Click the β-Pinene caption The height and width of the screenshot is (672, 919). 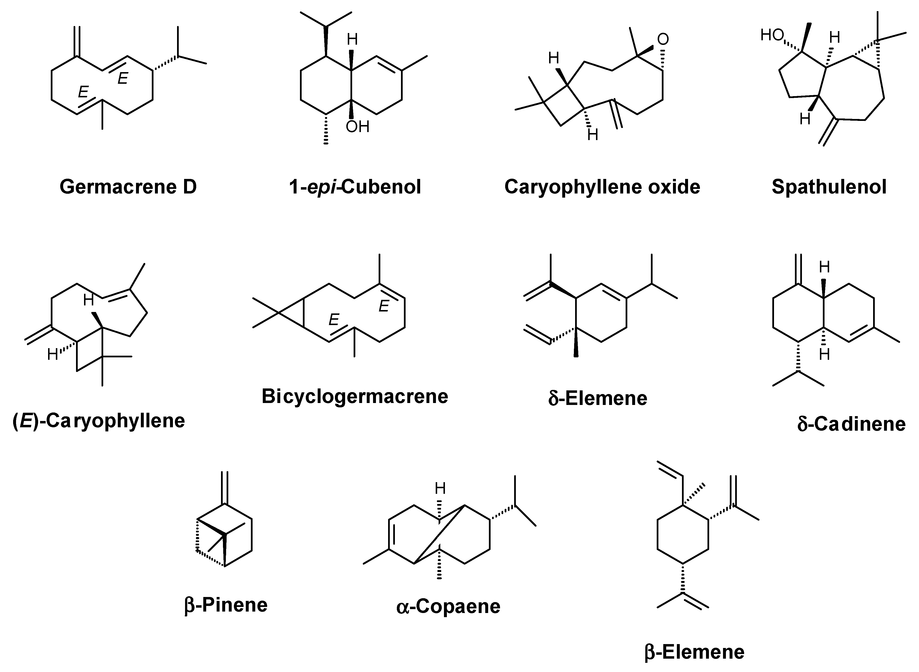click(x=226, y=605)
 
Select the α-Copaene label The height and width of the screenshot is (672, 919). click(x=448, y=606)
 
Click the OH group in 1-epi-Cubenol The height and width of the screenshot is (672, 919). click(x=357, y=127)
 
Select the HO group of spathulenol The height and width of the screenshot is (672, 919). click(x=772, y=36)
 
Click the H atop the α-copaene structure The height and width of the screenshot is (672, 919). click(x=440, y=488)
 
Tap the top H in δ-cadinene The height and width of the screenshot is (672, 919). click(x=824, y=267)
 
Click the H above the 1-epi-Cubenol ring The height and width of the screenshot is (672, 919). click(x=352, y=40)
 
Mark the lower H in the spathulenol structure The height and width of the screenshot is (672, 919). click(x=805, y=119)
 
